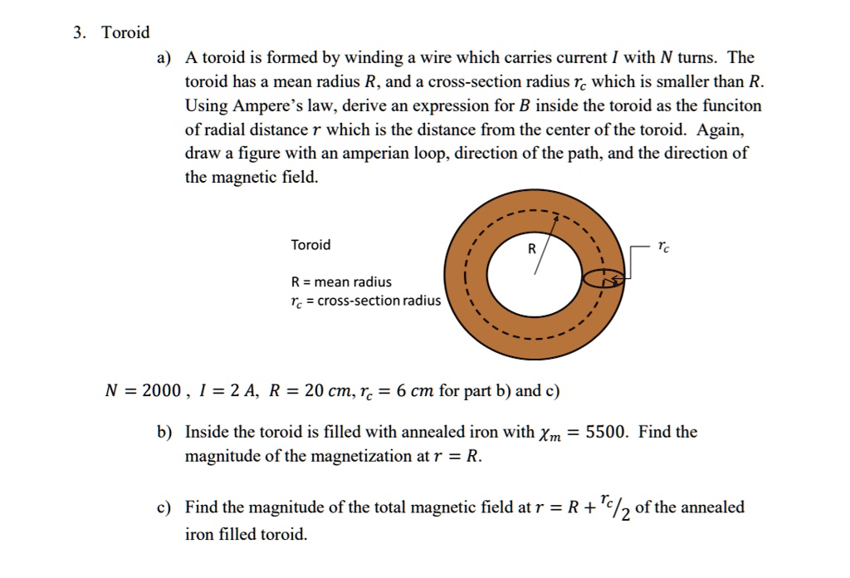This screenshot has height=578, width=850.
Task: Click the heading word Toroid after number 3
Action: coord(125,33)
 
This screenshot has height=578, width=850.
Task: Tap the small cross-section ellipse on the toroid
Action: coord(603,279)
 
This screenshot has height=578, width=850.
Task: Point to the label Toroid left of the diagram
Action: coord(310,245)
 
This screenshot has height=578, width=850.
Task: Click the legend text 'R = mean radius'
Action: coord(341,282)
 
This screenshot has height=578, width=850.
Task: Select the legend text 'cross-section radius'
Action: coord(379,301)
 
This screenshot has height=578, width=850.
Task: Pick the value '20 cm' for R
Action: coord(320,391)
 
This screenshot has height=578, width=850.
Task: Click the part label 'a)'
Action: coord(163,58)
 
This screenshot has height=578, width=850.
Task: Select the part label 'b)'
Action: coord(163,433)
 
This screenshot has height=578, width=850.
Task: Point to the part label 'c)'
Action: coord(163,507)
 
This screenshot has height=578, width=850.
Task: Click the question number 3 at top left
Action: coord(77,33)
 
